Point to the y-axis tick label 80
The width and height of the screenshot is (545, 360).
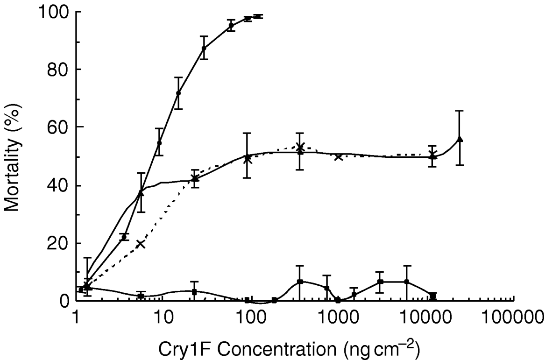click(58, 70)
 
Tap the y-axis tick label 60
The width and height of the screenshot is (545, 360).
click(58, 127)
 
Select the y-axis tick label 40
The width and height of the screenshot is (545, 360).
click(58, 186)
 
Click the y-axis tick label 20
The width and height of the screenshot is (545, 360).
click(58, 243)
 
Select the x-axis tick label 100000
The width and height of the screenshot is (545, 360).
click(513, 318)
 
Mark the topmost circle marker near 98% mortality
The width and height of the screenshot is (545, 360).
click(258, 16)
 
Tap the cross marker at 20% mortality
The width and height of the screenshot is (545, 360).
click(141, 244)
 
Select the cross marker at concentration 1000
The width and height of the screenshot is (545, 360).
click(339, 157)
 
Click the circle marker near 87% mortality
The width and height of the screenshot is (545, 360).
click(204, 48)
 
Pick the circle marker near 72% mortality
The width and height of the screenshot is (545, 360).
click(178, 93)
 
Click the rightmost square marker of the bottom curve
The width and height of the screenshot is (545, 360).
click(433, 296)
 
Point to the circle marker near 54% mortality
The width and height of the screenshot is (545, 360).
click(159, 143)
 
